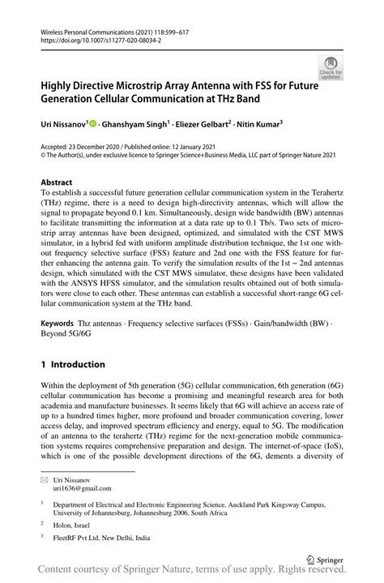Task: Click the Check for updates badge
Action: pos(331,67)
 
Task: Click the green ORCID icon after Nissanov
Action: pos(93,124)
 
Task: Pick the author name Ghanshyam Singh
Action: pos(134,124)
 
